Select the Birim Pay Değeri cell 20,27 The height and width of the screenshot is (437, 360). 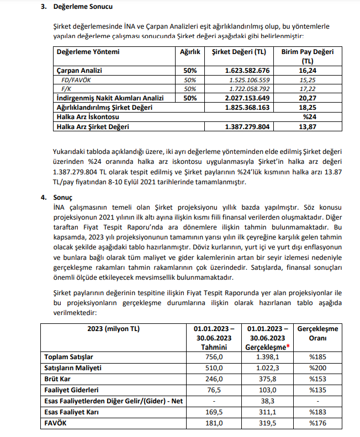click(308, 98)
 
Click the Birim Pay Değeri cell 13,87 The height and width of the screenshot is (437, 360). click(308, 126)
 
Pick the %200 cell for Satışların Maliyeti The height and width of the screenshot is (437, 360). click(317, 368)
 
